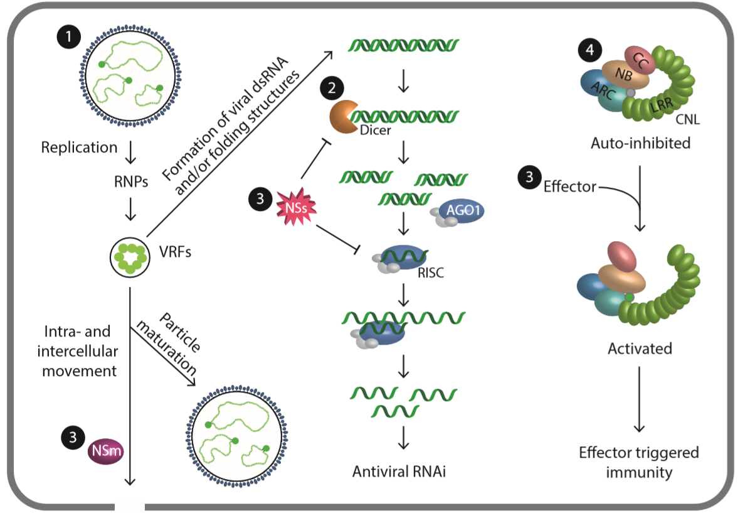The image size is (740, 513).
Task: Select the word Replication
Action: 79,148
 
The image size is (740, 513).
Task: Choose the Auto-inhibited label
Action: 640,143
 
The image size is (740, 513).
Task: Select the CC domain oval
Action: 640,59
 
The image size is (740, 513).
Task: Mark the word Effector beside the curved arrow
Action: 569,186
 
